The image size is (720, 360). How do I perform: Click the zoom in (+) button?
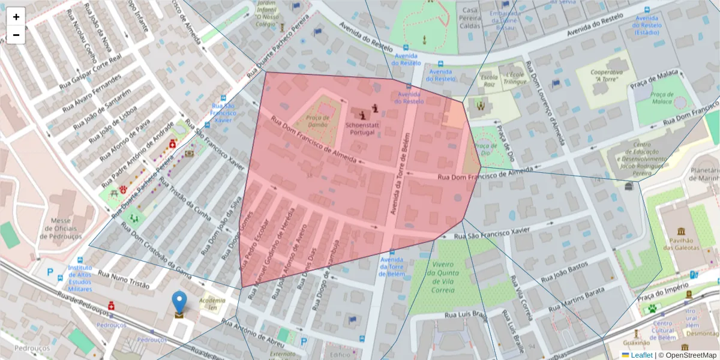coord(16,17)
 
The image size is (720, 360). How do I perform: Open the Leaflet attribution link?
coord(641,355)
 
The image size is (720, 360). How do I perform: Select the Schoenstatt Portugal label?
coord(362,128)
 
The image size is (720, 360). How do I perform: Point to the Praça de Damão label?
coord(317,122)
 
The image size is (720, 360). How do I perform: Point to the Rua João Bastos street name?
coord(564,272)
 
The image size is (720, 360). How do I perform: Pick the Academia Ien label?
coord(212,304)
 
